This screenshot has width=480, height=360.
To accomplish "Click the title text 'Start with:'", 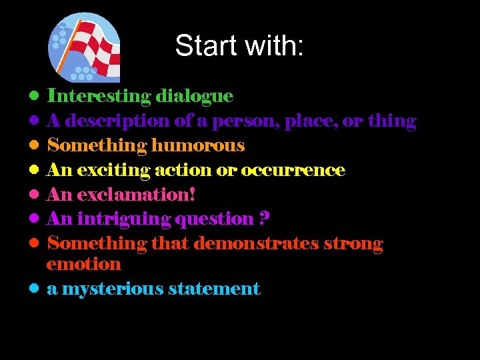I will pyautogui.click(x=239, y=46).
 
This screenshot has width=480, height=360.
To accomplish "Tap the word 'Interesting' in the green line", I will pyautogui.click(x=99, y=96).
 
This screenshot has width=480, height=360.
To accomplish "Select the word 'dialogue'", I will pyautogui.click(x=194, y=96).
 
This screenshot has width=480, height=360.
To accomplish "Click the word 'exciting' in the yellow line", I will pyautogui.click(x=113, y=170).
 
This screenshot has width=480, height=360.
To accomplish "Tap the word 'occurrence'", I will pyautogui.click(x=293, y=170).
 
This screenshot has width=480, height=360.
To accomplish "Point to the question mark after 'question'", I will pyautogui.click(x=265, y=219).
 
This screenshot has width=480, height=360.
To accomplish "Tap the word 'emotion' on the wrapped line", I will pyautogui.click(x=83, y=264).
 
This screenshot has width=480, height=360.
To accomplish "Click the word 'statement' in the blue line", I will pyautogui.click(x=214, y=289).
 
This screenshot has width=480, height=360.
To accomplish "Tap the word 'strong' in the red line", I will pyautogui.click(x=353, y=243).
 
